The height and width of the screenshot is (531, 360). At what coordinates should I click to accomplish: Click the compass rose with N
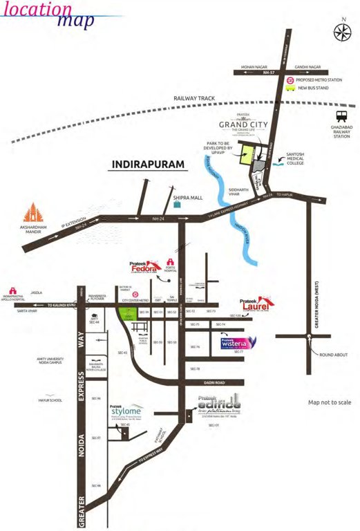pyautogui.click(x=342, y=31)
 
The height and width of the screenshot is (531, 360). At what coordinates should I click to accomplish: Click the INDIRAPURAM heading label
pyautogui.click(x=149, y=166)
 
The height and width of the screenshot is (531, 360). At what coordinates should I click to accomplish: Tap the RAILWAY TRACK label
pyautogui.click(x=197, y=99)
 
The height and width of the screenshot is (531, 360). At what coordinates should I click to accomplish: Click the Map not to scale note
pyautogui.click(x=330, y=402)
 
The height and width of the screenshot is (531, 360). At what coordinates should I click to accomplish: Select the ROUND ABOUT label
pyautogui.click(x=332, y=355)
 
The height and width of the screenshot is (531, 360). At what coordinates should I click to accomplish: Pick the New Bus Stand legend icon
pyautogui.click(x=292, y=88)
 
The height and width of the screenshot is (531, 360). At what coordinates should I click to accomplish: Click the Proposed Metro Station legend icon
pyautogui.click(x=292, y=80)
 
